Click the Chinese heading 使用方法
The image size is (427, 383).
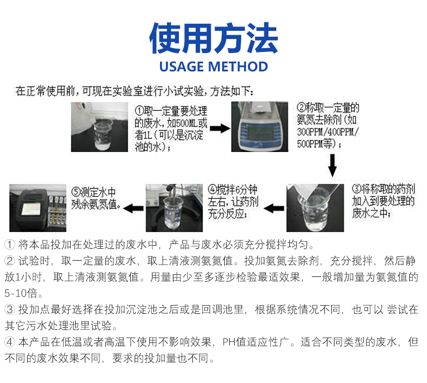[213, 38]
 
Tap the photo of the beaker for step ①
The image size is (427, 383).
[101, 128]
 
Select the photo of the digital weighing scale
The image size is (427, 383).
[260, 128]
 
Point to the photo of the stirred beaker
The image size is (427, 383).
[174, 207]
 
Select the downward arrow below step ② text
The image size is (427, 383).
[333, 166]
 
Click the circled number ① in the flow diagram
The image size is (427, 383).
[139, 110]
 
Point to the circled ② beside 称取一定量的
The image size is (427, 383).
[302, 107]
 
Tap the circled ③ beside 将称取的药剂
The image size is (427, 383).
[357, 189]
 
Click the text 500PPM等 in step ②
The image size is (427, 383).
[318, 144]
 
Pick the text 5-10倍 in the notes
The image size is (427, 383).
[21, 295]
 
